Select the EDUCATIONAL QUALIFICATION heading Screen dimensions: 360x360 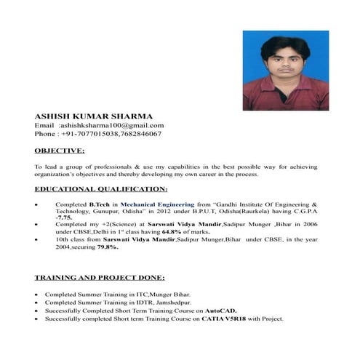pyautogui.click(x=100, y=189)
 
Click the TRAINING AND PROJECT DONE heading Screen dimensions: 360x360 pyautogui.click(x=100, y=278)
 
